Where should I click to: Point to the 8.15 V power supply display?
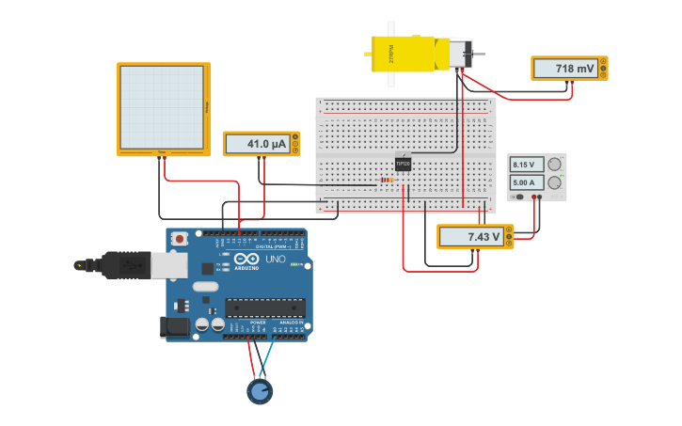coord(522,165)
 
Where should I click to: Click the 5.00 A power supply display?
coord(522,182)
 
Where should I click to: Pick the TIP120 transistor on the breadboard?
coord(403,164)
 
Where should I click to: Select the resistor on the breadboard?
coord(387,180)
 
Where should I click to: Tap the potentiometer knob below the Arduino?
coord(260,390)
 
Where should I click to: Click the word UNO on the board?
coord(276,260)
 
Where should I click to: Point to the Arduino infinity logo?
coord(246,259)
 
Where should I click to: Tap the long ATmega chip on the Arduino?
coord(264,308)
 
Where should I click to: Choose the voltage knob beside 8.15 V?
coord(554,165)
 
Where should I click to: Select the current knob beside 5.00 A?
coord(554,182)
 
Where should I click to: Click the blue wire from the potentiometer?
coord(269,358)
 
